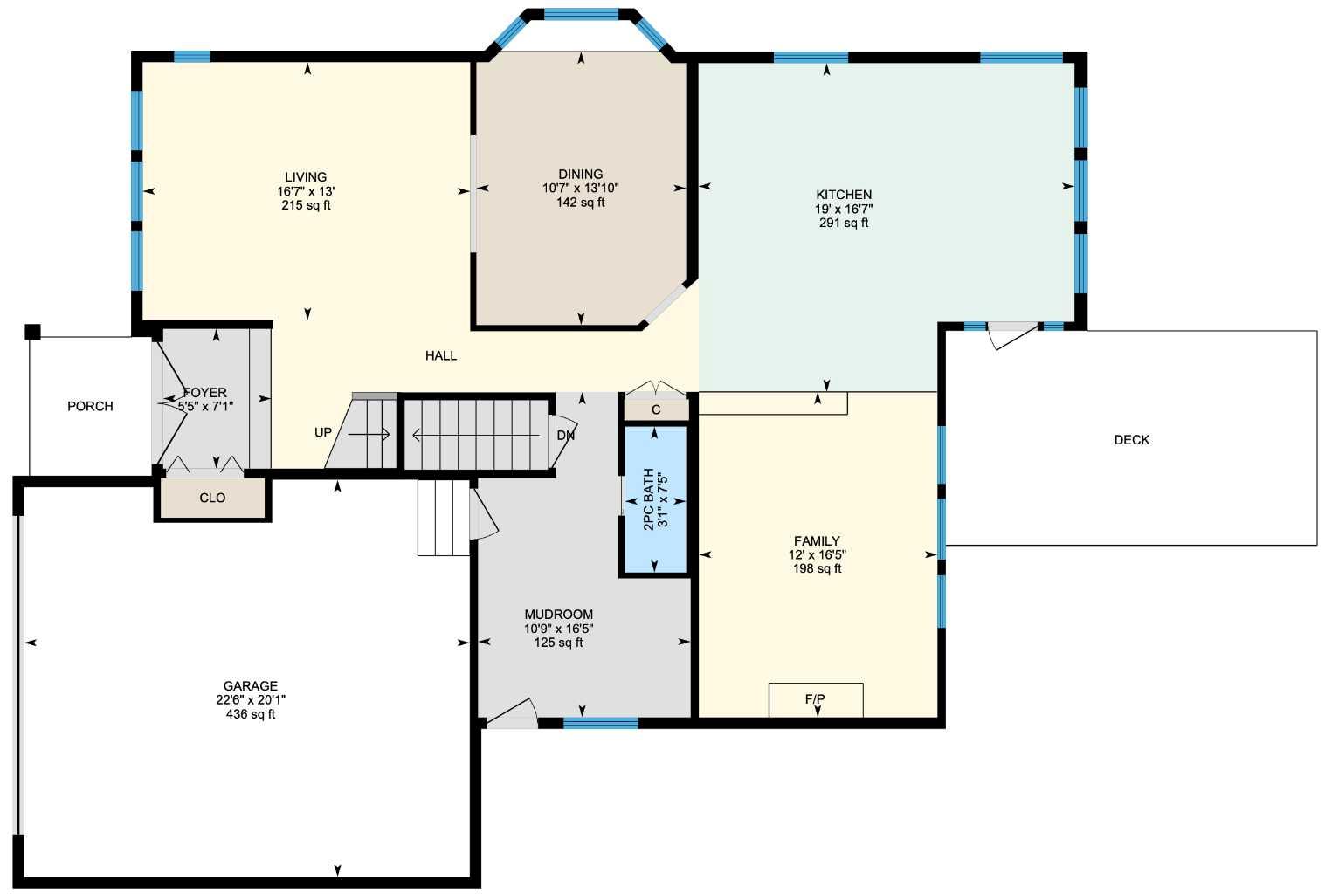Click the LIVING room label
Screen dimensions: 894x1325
pos(306,177)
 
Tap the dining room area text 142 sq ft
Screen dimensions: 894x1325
pos(580,203)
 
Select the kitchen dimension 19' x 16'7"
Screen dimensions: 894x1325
pos(844,209)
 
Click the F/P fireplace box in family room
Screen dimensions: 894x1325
pos(816,699)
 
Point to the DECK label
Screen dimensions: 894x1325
pos(1131,440)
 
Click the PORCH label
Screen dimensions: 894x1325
pos(90,406)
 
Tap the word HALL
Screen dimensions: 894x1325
pos(441,355)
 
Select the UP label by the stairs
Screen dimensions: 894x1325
pos(323,432)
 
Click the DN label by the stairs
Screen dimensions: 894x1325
pos(566,435)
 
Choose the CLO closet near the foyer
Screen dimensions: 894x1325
pos(212,498)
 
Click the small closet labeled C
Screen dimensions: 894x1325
pos(656,409)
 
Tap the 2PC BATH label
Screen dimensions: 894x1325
pos(649,499)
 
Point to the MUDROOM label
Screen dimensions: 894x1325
pos(559,615)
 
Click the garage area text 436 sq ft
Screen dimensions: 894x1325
pos(251,714)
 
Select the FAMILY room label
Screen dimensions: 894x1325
pos(817,541)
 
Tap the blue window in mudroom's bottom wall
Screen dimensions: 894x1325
pos(601,723)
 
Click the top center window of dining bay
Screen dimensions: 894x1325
pos(581,14)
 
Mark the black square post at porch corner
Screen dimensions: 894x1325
pos(32,332)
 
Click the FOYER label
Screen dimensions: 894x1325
pos(205,393)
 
